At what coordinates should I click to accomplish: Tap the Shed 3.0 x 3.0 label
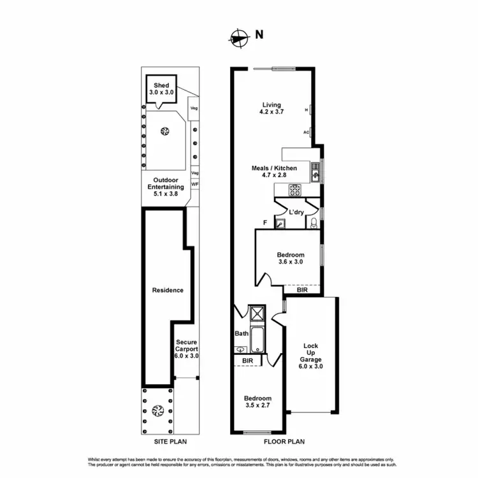161,89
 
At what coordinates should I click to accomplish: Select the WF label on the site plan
195,184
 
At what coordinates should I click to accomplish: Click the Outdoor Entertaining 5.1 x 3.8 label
166,187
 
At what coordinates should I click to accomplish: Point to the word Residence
168,290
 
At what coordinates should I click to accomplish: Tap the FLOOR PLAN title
285,441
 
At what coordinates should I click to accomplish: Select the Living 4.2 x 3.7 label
272,108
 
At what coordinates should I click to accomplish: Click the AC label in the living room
306,133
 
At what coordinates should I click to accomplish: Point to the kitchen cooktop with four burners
295,189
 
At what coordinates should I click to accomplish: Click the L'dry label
296,212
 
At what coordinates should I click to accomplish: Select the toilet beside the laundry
314,222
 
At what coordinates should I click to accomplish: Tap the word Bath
242,333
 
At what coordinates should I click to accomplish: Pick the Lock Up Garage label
312,353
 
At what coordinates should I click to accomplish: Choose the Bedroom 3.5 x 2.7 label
257,402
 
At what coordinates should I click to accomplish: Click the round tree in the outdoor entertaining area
165,132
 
